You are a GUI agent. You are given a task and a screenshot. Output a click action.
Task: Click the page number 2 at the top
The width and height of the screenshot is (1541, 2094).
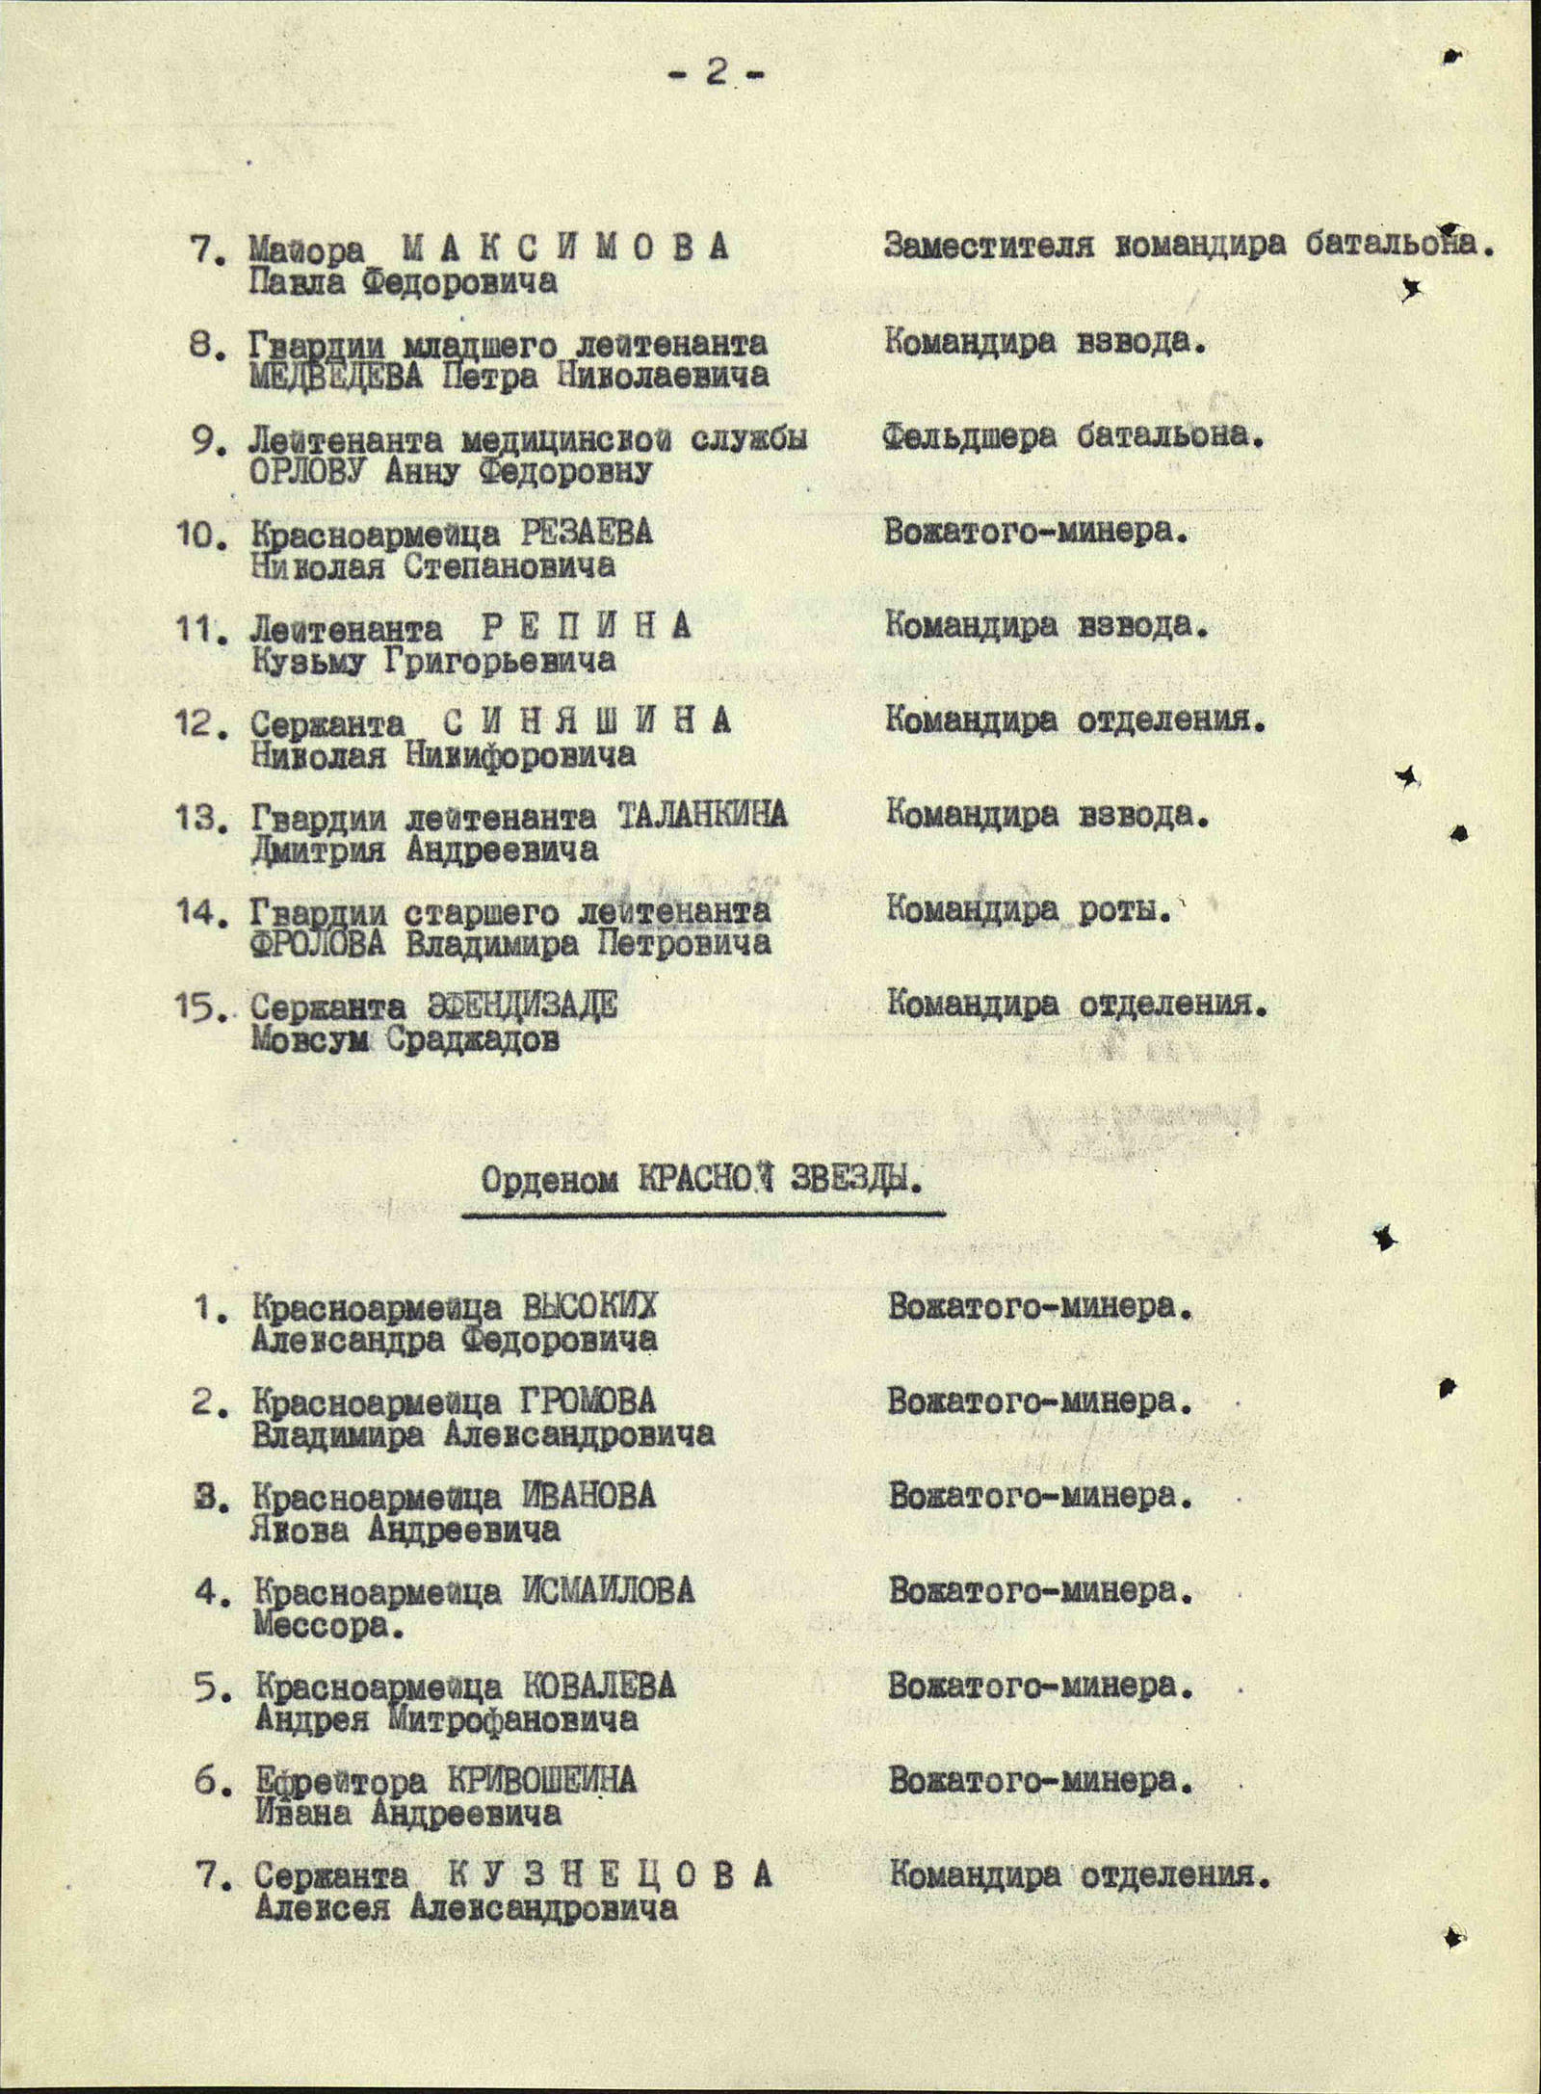(x=716, y=73)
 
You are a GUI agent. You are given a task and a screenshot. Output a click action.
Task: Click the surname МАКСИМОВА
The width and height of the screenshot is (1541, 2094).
(x=564, y=249)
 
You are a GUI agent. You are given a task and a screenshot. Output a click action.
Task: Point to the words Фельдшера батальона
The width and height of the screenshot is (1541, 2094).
(x=1072, y=436)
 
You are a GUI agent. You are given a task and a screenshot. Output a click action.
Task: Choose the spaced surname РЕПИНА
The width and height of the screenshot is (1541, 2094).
(x=586, y=627)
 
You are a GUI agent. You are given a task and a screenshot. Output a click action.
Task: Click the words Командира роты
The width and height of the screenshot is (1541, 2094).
(x=1029, y=908)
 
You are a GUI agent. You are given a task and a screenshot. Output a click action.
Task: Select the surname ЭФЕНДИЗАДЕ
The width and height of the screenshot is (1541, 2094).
(x=522, y=1006)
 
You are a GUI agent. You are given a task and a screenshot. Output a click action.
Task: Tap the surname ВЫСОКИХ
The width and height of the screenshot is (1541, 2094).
(x=589, y=1307)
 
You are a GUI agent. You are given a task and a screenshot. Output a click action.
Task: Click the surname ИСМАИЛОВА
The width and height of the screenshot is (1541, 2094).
(x=607, y=1590)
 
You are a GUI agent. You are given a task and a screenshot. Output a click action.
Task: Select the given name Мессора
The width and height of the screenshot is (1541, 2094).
(x=327, y=1624)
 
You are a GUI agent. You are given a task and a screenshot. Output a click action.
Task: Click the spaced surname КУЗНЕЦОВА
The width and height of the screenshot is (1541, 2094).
(x=611, y=1874)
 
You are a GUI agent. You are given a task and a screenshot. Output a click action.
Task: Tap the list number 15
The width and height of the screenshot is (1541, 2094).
(x=199, y=1008)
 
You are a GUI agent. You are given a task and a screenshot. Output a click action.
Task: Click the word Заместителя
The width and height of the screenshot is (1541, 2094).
(x=988, y=247)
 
